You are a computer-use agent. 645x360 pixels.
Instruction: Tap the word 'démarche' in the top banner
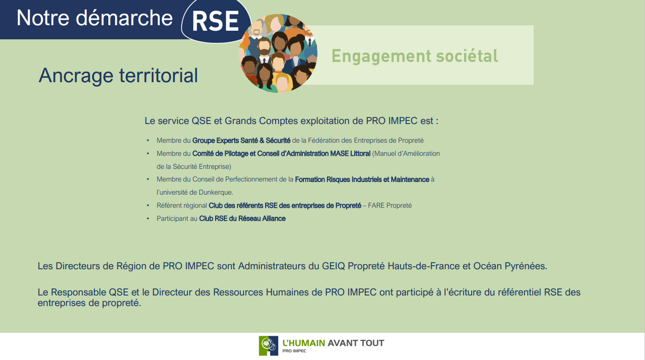tap(124, 18)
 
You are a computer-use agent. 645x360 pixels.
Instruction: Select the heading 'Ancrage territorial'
tap(118, 76)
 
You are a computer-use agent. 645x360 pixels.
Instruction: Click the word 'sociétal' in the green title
tap(467, 56)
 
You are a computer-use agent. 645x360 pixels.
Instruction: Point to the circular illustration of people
tap(279, 53)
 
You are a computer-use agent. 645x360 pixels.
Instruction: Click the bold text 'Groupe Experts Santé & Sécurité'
tap(241, 141)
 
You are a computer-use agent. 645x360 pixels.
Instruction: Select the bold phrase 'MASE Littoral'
tap(350, 153)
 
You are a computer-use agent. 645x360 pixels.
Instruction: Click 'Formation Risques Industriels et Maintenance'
tap(362, 179)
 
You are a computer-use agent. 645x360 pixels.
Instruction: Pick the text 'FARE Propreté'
tap(390, 206)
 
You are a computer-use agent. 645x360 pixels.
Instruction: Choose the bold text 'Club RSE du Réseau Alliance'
tap(242, 219)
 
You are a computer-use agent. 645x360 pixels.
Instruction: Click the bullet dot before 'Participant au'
tap(148, 219)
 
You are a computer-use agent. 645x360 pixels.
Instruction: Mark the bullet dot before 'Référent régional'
tap(148, 206)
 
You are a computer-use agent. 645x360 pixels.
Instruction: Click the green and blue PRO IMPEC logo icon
tap(269, 345)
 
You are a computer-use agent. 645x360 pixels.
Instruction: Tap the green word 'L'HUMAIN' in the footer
tap(304, 343)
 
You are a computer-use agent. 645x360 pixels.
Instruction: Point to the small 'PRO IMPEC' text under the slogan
tap(294, 351)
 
